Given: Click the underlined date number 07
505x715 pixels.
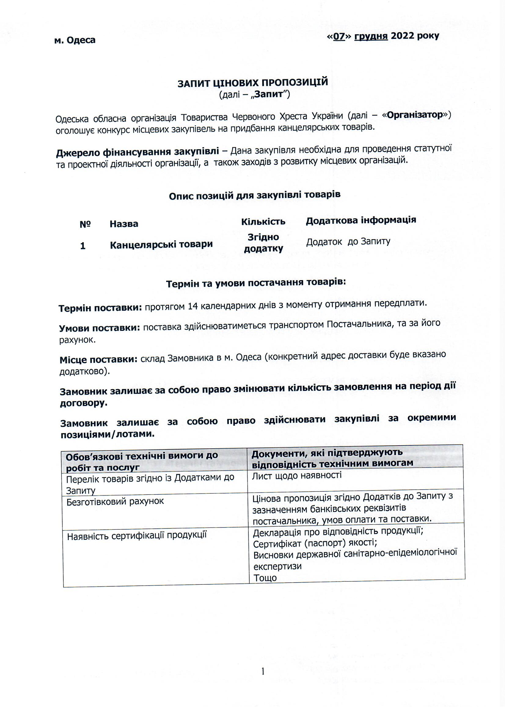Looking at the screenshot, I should tap(339, 36).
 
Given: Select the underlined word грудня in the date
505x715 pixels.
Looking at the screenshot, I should tap(371, 36).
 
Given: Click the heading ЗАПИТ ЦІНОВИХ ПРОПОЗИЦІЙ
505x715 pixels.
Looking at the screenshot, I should tap(253, 83).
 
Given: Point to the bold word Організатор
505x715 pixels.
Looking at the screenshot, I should tap(415, 115).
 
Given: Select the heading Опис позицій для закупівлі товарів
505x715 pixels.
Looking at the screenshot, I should tap(254, 195).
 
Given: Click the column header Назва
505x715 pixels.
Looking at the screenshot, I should tap(124, 224).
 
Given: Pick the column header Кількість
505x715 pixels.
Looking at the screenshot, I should tap(263, 221).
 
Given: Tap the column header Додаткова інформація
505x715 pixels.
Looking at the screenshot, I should tap(361, 220).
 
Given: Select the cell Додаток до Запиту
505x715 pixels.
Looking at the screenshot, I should tap(348, 242).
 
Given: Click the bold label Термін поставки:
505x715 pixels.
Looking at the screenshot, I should tap(100, 308).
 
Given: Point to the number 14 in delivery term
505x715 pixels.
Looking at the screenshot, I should tap(193, 306).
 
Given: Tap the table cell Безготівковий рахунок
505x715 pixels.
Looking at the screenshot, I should tap(115, 501).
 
